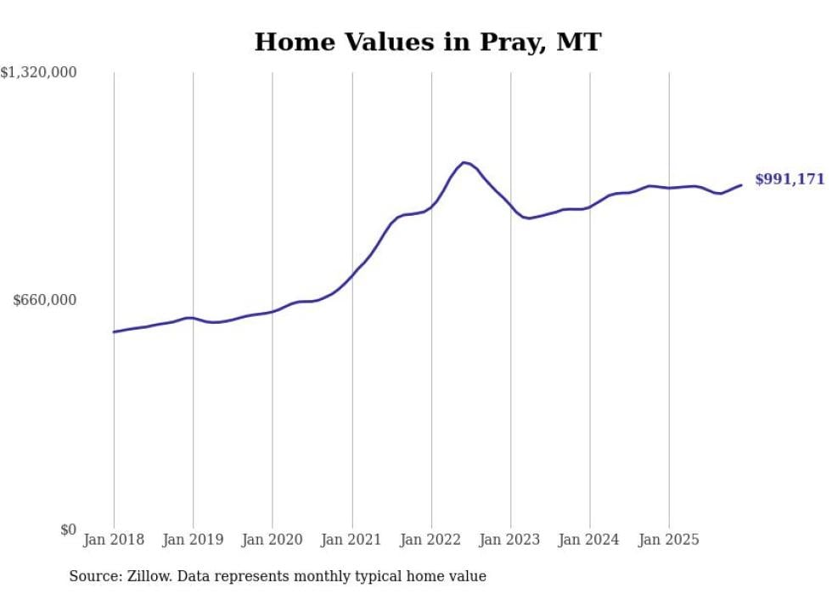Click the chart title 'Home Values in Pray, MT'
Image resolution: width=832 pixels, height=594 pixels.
(427, 42)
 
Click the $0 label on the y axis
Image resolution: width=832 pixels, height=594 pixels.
(68, 530)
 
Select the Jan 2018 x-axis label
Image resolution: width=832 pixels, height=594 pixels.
(114, 540)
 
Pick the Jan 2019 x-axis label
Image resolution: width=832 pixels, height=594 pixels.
(193, 540)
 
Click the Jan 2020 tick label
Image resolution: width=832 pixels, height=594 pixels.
(273, 540)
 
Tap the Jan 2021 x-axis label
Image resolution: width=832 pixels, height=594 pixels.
(351, 540)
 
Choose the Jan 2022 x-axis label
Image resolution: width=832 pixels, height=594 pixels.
(431, 540)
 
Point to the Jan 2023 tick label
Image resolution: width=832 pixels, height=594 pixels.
(510, 540)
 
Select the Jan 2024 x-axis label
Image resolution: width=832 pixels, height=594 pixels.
(590, 540)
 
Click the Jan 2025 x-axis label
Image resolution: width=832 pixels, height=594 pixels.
(669, 540)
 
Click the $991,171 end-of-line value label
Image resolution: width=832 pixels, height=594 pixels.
(790, 179)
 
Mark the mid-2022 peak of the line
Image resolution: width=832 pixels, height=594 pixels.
(464, 161)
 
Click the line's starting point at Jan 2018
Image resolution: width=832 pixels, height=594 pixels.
(114, 332)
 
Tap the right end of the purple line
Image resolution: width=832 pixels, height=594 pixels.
(741, 184)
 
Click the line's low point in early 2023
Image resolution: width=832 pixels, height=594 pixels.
(528, 218)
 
